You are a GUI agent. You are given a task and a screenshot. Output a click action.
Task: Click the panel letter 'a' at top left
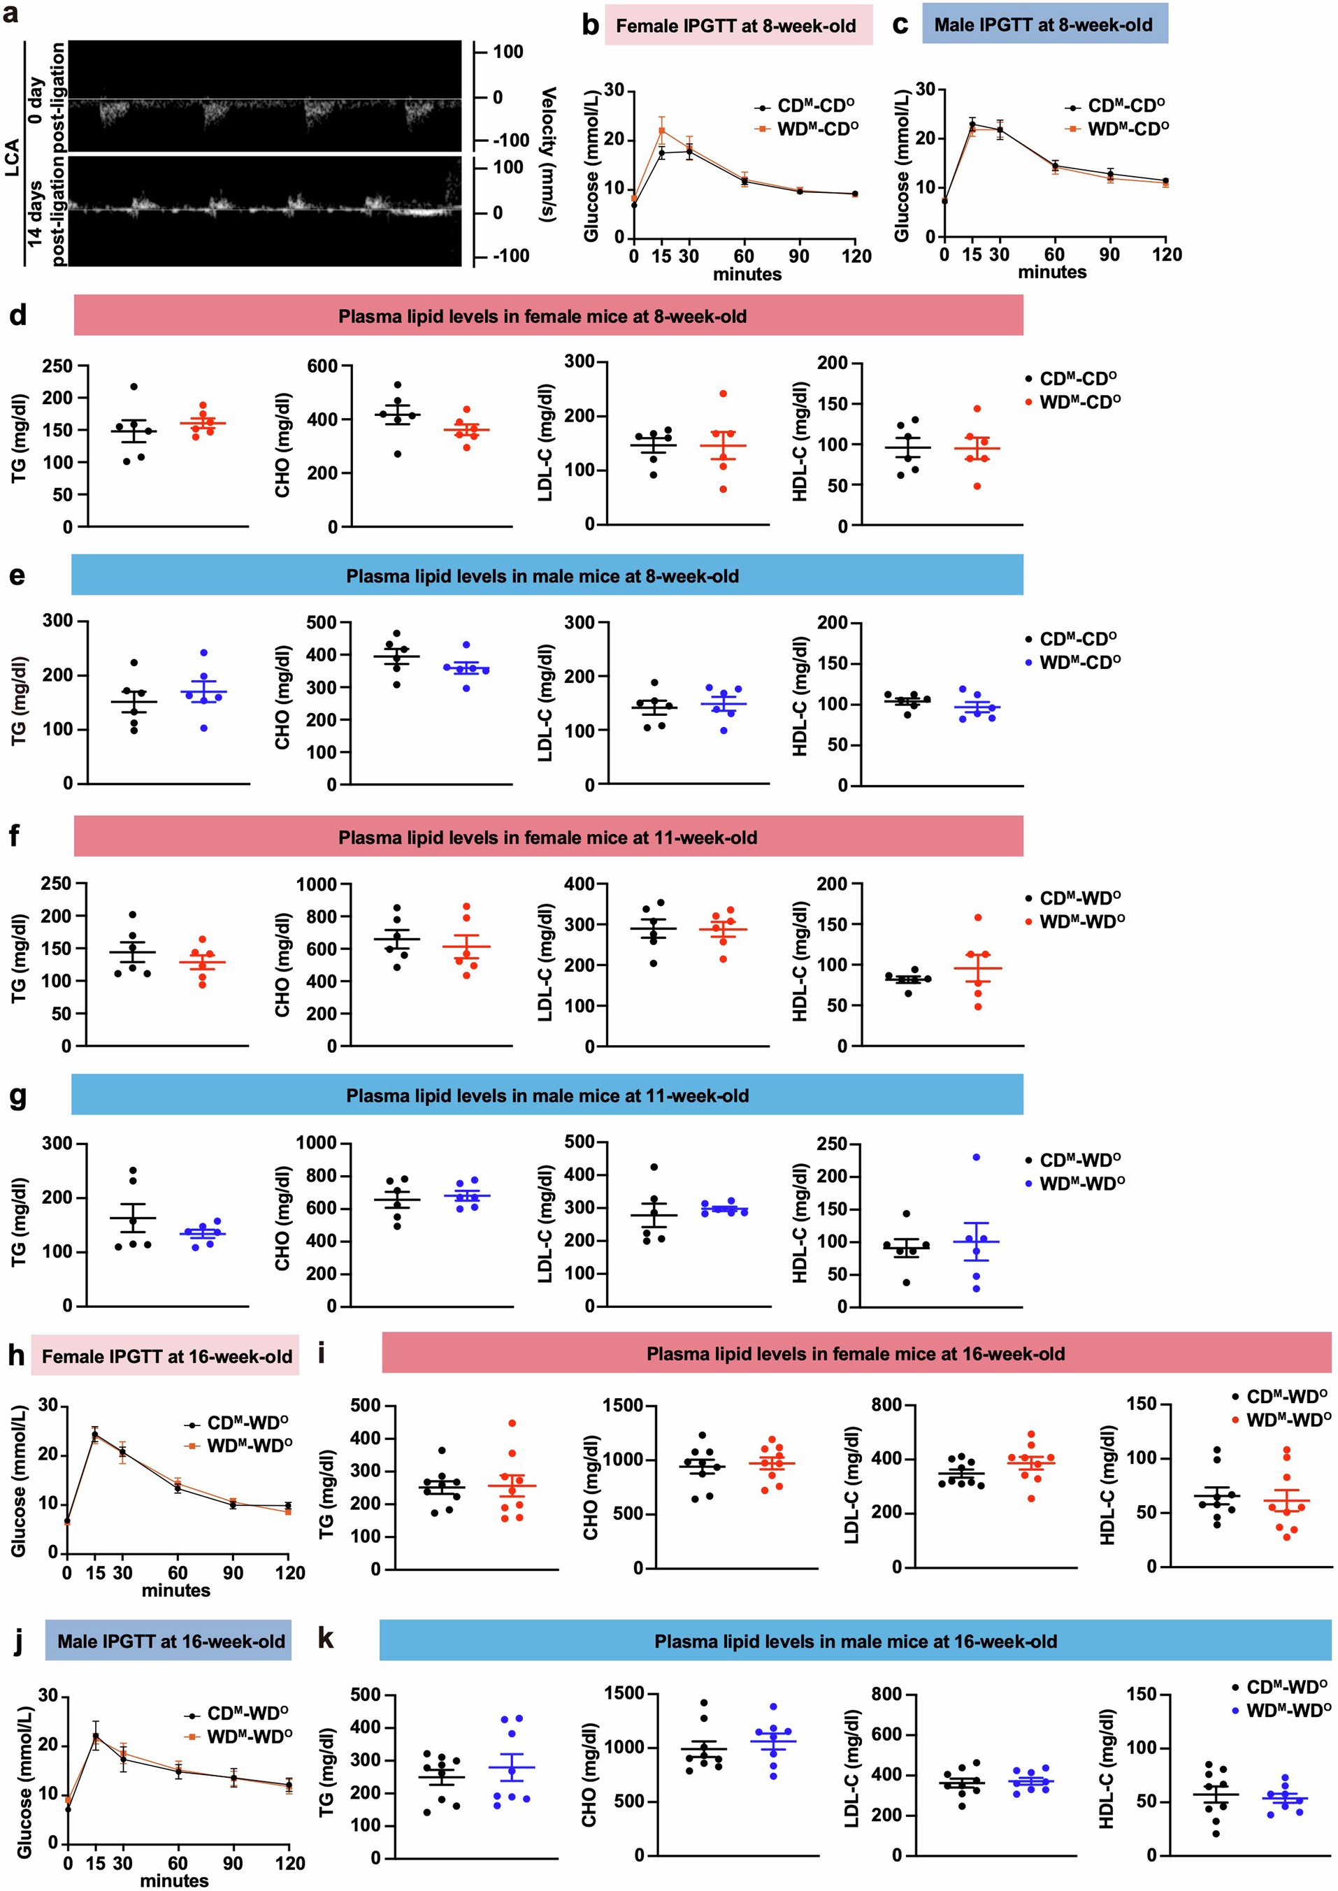coord(10,14)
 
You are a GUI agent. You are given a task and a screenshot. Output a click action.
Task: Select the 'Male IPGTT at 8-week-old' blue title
coord(1043,24)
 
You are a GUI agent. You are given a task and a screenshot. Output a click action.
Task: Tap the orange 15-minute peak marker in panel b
coord(661,130)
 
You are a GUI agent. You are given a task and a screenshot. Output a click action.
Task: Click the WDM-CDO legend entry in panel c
coord(1127,129)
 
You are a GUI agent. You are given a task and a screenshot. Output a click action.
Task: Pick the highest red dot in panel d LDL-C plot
coord(723,394)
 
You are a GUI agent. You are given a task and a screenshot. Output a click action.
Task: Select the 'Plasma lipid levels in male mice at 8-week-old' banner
coord(542,576)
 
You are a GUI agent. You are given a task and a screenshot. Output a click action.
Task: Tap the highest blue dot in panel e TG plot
coord(204,652)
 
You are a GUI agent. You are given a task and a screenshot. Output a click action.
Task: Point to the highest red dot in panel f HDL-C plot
coord(977,917)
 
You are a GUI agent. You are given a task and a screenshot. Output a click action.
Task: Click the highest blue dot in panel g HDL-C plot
coord(977,1157)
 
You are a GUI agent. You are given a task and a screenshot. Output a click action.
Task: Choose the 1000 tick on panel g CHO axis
coord(317,1143)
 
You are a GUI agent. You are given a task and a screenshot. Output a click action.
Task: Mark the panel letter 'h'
coord(15,1356)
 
